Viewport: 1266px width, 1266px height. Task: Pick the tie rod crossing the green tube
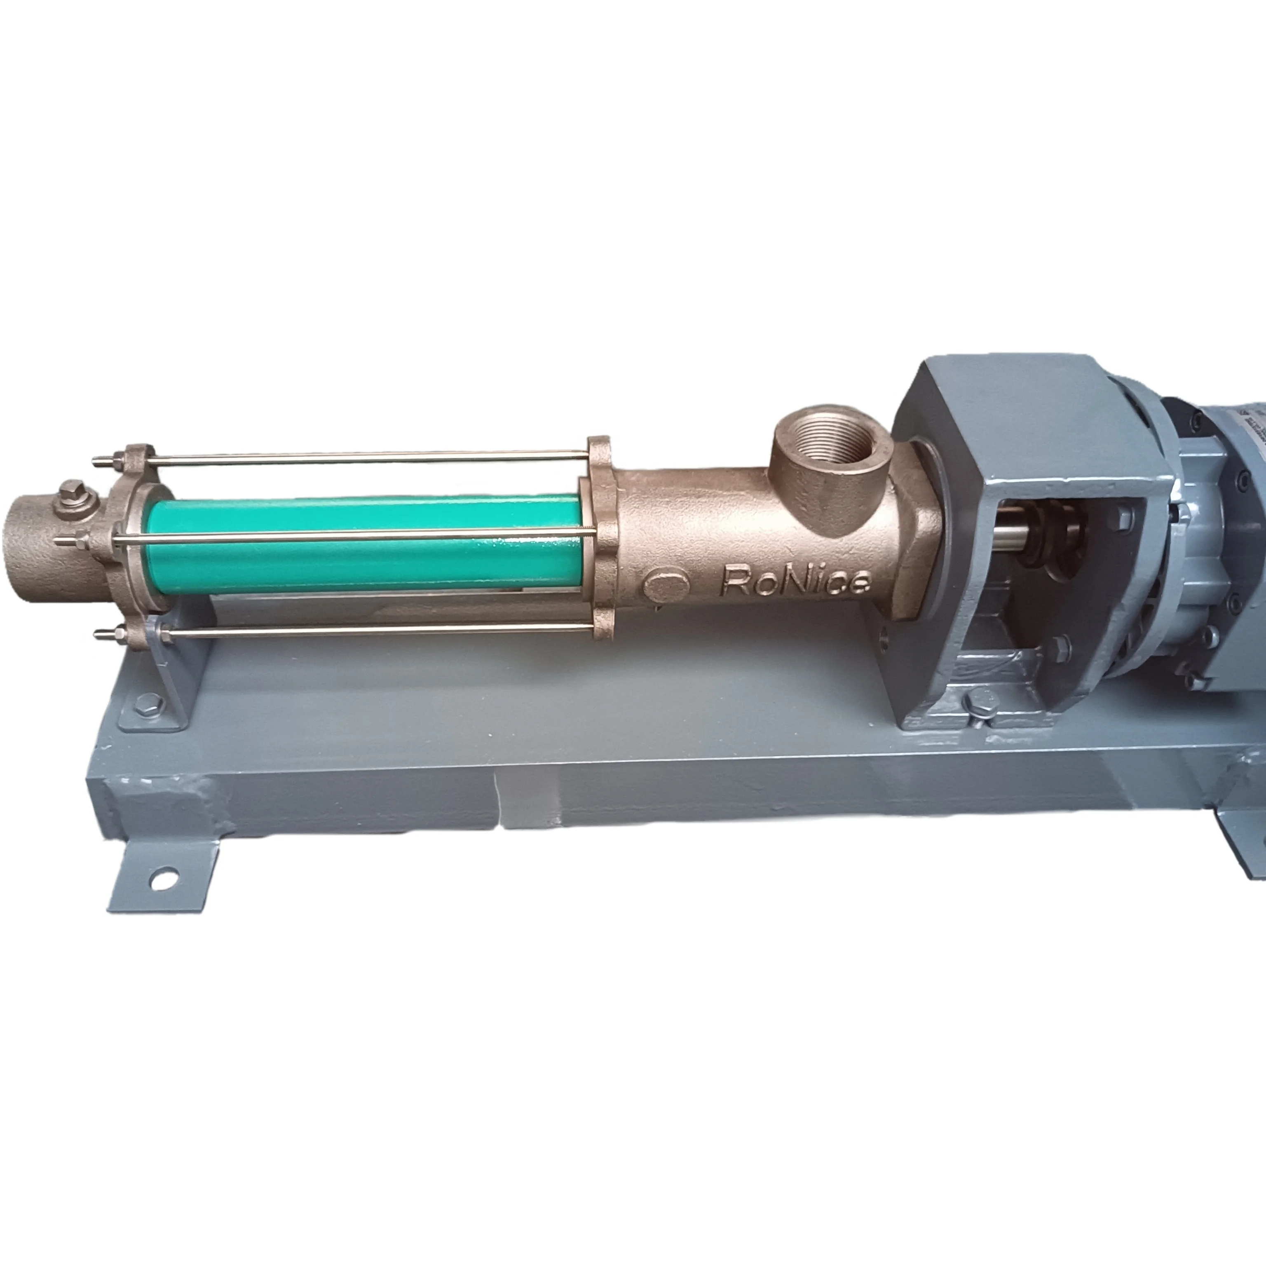(x=354, y=536)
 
